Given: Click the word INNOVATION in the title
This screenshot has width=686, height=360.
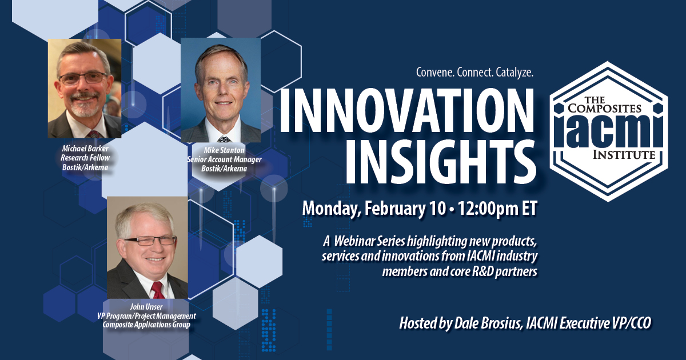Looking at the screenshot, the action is click(406, 110).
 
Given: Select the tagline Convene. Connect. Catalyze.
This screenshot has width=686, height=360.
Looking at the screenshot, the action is click(474, 73).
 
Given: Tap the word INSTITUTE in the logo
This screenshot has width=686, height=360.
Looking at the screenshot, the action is click(624, 154).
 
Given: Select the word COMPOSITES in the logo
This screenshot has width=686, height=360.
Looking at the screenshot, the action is click(605, 108).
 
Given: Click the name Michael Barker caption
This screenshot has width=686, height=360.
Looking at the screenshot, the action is click(85, 149).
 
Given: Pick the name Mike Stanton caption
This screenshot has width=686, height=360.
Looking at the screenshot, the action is click(224, 150).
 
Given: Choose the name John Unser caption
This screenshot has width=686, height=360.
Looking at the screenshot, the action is click(146, 307).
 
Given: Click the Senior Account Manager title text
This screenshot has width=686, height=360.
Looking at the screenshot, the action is click(224, 159).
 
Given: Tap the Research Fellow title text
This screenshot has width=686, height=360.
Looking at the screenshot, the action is click(85, 158).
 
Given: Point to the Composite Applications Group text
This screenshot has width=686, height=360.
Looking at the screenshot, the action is click(146, 325).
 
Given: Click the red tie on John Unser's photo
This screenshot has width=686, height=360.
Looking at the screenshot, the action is click(158, 290).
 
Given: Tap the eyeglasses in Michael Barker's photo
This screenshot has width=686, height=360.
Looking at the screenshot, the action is click(83, 78).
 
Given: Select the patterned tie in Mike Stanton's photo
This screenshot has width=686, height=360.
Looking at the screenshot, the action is click(225, 139).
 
